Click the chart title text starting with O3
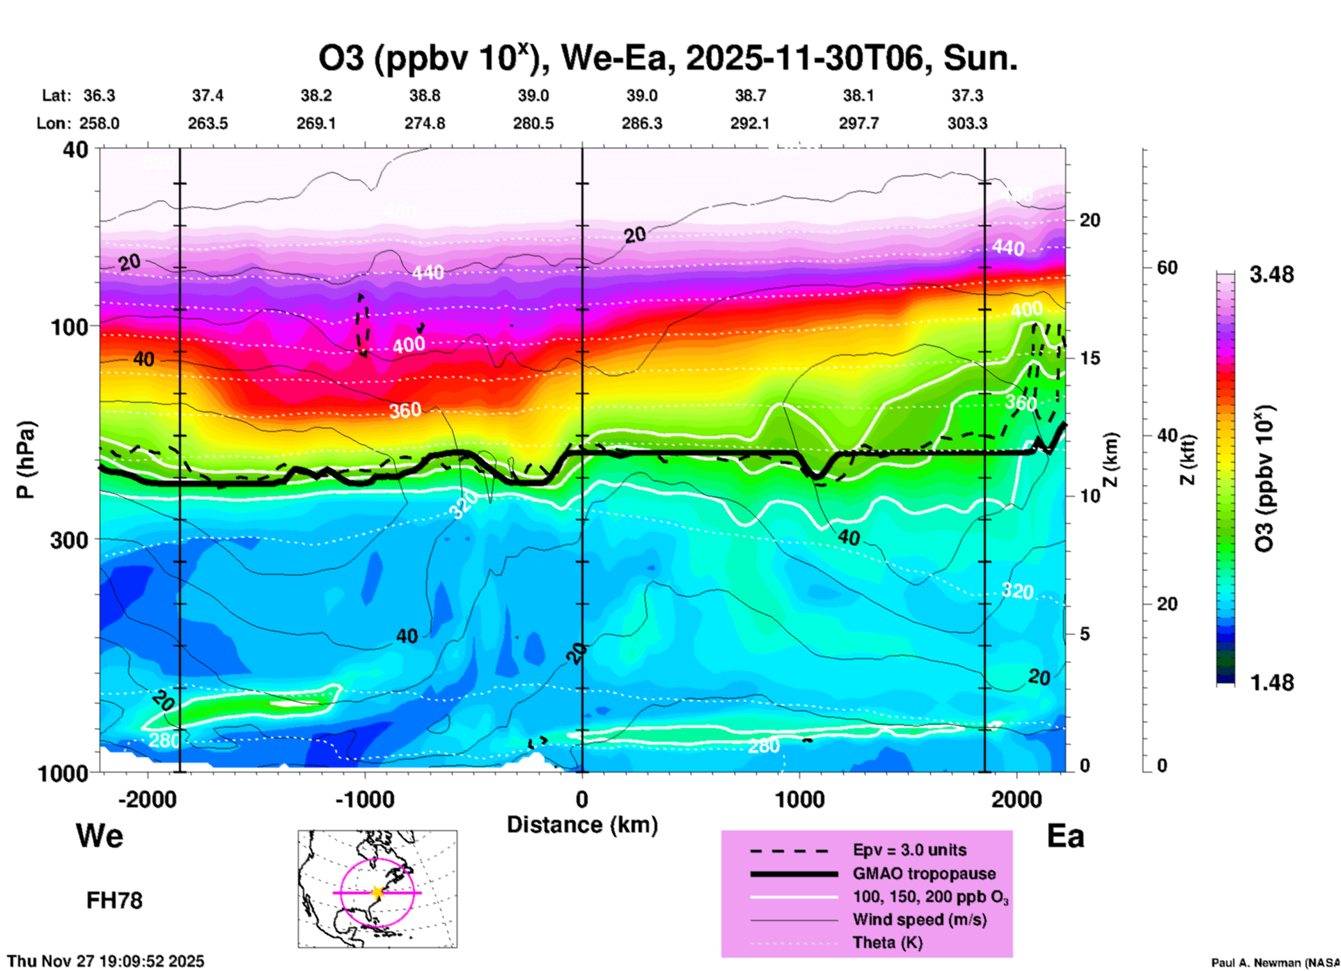(667, 59)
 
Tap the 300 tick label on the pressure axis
(70, 540)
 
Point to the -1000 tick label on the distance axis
(364, 800)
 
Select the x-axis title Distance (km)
(582, 825)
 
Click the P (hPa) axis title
(26, 460)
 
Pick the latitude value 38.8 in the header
(425, 95)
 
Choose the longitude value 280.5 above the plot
(533, 123)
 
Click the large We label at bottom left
(100, 836)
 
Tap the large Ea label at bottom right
(1065, 836)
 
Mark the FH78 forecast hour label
(114, 901)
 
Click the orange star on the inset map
(377, 892)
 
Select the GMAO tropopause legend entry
(924, 873)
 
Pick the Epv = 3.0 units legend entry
(909, 850)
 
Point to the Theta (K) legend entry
(887, 942)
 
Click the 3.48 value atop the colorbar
(1271, 275)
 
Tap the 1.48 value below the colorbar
(1271, 683)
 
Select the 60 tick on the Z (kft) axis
(1167, 267)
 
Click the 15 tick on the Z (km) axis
(1090, 358)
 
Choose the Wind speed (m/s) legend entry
(919, 919)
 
